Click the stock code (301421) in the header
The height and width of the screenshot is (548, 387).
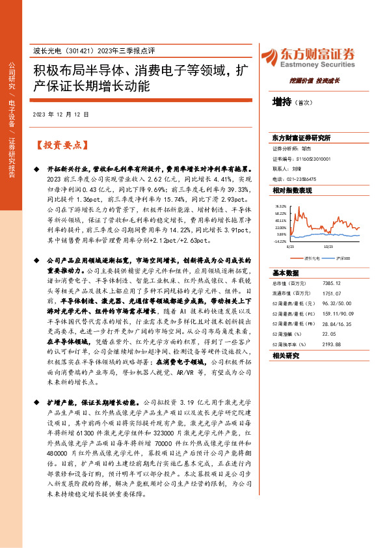[x=83, y=51]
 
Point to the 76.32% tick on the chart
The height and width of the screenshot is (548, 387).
[x=280, y=205]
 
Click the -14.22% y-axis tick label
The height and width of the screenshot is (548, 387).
[x=280, y=241]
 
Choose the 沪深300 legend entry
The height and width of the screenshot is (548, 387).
[x=340, y=258]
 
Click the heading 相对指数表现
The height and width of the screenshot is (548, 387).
[x=292, y=190]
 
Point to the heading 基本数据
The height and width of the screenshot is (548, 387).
[x=286, y=273]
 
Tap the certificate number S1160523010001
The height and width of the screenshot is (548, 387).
[x=310, y=158]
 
